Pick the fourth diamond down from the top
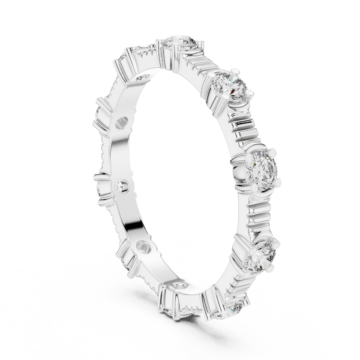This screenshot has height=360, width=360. tap(262, 252)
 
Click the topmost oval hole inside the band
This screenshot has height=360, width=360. tap(141, 78)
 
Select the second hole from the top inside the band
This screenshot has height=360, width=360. tap(121, 123)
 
